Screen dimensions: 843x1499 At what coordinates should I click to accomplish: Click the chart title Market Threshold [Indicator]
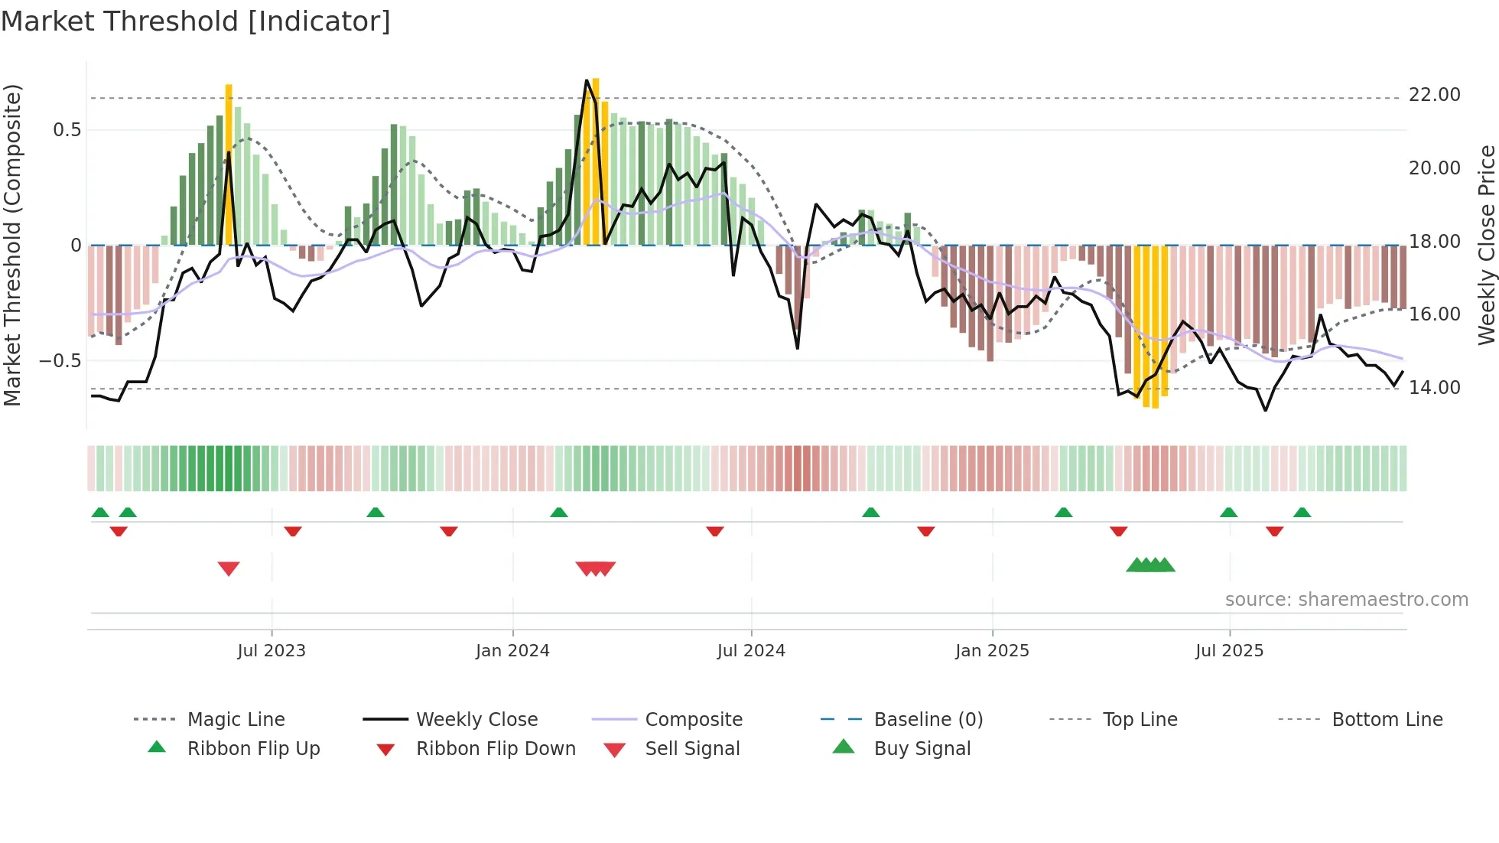tap(196, 21)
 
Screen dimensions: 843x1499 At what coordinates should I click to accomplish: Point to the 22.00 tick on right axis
tap(1434, 95)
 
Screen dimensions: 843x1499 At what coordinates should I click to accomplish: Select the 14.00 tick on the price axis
tap(1434, 388)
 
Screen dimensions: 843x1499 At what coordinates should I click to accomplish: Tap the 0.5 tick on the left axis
tap(67, 130)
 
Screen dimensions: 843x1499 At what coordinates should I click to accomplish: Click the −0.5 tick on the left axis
tap(60, 360)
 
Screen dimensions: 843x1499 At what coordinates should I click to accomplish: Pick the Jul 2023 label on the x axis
tap(271, 651)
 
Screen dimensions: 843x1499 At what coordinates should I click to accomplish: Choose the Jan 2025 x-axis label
tap(992, 651)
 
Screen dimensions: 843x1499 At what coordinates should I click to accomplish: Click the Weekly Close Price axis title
tap(1486, 245)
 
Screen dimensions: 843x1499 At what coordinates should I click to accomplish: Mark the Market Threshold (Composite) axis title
tap(12, 245)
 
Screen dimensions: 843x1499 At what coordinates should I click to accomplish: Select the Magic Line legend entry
tap(236, 720)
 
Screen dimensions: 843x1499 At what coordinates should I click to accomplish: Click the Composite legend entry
tap(693, 720)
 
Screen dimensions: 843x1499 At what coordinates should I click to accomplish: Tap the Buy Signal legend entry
tap(922, 749)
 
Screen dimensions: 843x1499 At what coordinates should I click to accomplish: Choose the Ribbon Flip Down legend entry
tap(495, 749)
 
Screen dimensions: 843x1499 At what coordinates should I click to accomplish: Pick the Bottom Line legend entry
tap(1387, 720)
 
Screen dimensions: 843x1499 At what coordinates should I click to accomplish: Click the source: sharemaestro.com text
tap(1346, 600)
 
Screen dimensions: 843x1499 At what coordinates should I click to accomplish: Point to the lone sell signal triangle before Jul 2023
tap(229, 568)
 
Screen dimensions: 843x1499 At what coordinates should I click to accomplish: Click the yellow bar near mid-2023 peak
tap(229, 164)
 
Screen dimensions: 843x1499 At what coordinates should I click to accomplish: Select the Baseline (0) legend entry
tap(928, 720)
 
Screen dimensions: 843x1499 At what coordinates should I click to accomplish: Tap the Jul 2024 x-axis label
tap(751, 651)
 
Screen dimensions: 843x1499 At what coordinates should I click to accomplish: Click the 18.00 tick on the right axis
tap(1434, 242)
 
